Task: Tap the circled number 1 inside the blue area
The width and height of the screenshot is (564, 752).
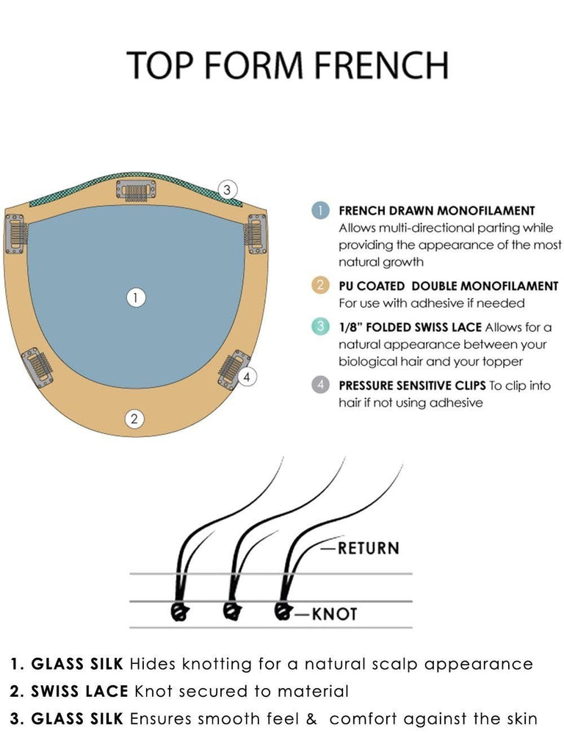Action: pos(135,297)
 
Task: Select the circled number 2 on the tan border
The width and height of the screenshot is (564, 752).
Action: pos(134,419)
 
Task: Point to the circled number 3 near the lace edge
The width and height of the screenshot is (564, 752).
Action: pos(228,190)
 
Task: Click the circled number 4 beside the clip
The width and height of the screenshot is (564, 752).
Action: pos(248,377)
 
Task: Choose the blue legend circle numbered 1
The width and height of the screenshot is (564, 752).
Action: pos(319,211)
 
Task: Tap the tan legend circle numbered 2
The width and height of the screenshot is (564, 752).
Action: pos(319,286)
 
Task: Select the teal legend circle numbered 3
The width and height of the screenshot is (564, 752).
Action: pos(319,327)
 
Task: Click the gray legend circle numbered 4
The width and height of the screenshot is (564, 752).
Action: pos(319,385)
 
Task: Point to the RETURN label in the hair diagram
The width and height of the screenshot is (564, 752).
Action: pos(368,548)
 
